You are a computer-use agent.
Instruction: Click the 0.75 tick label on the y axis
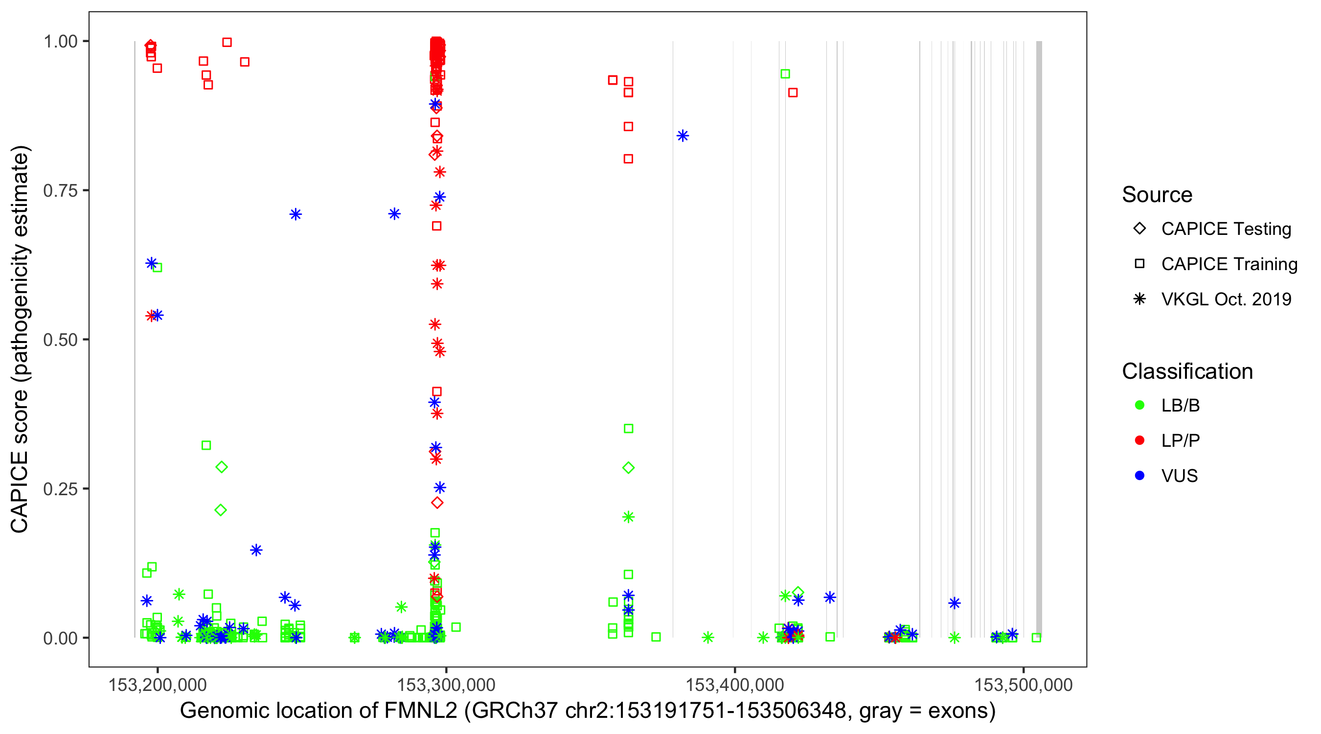tap(60, 191)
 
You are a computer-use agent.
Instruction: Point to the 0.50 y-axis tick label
tap(60, 340)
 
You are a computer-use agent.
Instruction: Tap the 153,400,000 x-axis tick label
tap(734, 685)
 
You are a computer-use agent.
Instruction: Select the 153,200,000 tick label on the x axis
tap(158, 685)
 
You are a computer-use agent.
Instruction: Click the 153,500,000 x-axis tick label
tap(1023, 685)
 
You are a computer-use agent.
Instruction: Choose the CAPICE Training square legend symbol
tap(1139, 264)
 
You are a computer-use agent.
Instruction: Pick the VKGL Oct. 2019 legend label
tap(1226, 299)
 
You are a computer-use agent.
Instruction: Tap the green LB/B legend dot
tap(1139, 406)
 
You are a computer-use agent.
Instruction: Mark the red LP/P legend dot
tap(1139, 440)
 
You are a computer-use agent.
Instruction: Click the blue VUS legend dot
tap(1139, 476)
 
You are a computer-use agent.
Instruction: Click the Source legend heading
tap(1157, 195)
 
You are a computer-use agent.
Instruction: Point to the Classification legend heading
tap(1187, 371)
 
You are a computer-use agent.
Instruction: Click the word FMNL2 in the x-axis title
tap(420, 711)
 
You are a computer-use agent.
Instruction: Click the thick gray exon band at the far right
tap(1039, 339)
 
